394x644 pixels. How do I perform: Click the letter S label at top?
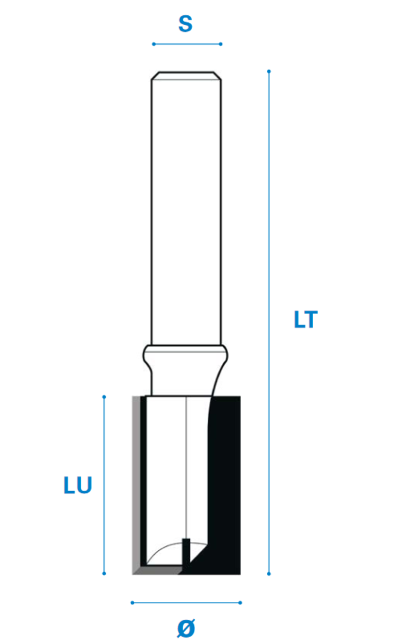186,24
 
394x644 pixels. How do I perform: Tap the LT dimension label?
305,319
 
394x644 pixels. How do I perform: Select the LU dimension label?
78,485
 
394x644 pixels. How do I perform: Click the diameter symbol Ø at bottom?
186,628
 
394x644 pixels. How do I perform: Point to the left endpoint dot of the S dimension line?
154,44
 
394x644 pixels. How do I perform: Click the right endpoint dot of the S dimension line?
221,44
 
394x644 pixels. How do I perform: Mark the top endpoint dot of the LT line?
268,71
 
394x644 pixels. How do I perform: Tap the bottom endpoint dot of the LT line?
268,573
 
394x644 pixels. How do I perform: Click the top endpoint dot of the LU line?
104,397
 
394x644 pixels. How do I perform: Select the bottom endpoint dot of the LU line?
104,573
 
